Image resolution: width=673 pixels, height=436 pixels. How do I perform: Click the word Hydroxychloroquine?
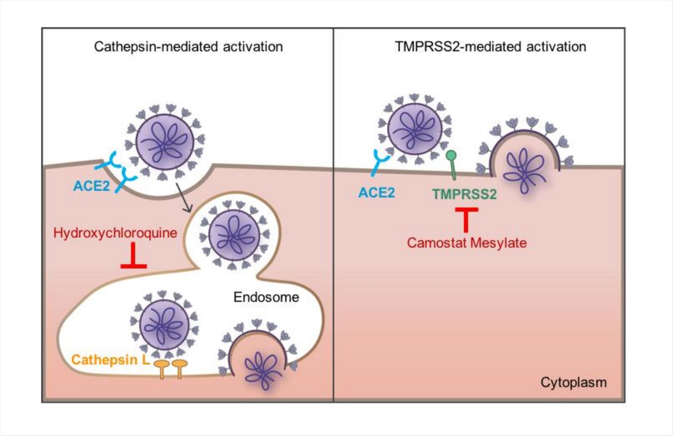point(115,233)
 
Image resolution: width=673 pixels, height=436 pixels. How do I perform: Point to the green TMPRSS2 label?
point(464,194)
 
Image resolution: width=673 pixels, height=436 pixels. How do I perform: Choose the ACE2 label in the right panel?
point(376,193)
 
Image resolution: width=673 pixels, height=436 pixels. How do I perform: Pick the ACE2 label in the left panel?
point(91,186)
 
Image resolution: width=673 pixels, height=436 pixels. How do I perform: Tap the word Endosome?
point(266,297)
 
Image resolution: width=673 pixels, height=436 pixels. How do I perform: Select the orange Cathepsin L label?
point(110,360)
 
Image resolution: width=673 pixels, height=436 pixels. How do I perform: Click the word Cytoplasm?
point(573,382)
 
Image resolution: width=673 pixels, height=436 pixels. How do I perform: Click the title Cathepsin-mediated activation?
point(188,47)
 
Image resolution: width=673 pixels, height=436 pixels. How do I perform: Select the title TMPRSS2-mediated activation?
point(490,47)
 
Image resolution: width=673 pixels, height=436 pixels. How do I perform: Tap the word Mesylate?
point(498,243)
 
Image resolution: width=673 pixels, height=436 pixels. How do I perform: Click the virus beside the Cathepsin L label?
point(164,325)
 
